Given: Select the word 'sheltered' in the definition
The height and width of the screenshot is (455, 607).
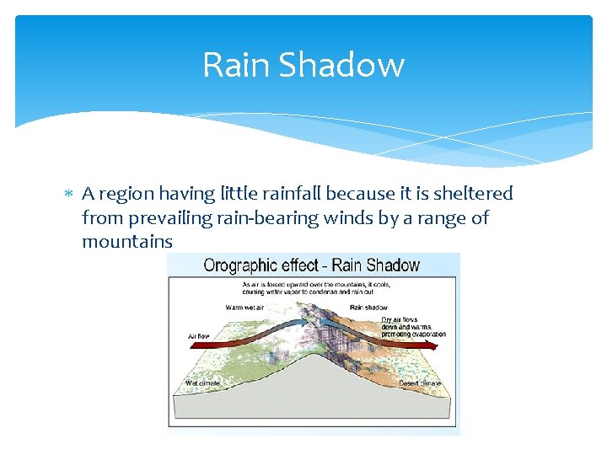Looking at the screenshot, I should tap(473, 194).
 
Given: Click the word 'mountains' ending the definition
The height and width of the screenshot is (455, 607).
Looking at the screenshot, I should tap(127, 242).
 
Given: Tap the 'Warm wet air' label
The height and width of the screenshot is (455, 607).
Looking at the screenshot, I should tap(245, 308).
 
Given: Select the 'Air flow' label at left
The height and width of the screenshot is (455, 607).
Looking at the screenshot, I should tap(198, 336).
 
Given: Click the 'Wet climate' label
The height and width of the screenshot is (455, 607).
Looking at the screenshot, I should tap(203, 384).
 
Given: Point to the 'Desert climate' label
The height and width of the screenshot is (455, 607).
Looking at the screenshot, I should tap(419, 384).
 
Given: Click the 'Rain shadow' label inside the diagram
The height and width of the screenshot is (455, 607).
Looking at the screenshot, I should tap(367, 308).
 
